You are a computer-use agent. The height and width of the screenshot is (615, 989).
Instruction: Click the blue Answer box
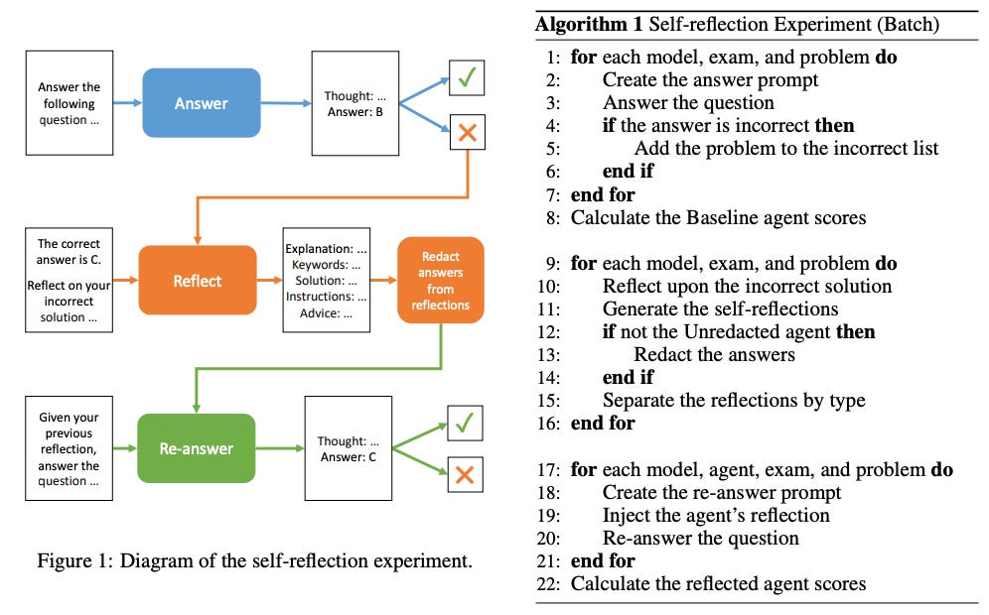pyautogui.click(x=202, y=103)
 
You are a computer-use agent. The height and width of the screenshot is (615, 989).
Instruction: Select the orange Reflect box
pyautogui.click(x=198, y=281)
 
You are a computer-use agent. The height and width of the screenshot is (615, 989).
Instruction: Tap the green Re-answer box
pyautogui.click(x=197, y=448)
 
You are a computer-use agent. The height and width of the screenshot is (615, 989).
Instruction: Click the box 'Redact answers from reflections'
pyautogui.click(x=440, y=281)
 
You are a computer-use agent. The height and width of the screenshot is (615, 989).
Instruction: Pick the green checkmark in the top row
pyautogui.click(x=467, y=77)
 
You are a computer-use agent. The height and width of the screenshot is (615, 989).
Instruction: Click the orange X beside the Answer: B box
pyautogui.click(x=468, y=132)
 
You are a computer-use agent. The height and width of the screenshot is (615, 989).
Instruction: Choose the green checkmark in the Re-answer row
pyautogui.click(x=465, y=423)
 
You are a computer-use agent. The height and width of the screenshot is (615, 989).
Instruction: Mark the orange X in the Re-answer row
pyautogui.click(x=465, y=474)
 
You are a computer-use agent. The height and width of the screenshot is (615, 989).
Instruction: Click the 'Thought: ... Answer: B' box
pyautogui.click(x=355, y=103)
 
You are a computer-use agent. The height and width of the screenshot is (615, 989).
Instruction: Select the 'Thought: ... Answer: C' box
pyautogui.click(x=349, y=448)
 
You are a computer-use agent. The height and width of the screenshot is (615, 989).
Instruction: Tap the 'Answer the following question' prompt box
pyautogui.click(x=70, y=103)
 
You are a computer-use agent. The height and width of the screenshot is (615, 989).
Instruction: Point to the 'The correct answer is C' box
pyautogui.click(x=69, y=280)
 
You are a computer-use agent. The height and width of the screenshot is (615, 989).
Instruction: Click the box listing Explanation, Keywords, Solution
pyautogui.click(x=326, y=280)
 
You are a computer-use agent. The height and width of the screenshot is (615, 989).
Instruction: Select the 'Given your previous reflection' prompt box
pyautogui.click(x=69, y=448)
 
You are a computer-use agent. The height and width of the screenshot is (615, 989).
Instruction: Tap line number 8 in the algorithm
pyautogui.click(x=552, y=218)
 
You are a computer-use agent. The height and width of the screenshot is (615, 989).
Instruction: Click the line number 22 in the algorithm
pyautogui.click(x=548, y=584)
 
